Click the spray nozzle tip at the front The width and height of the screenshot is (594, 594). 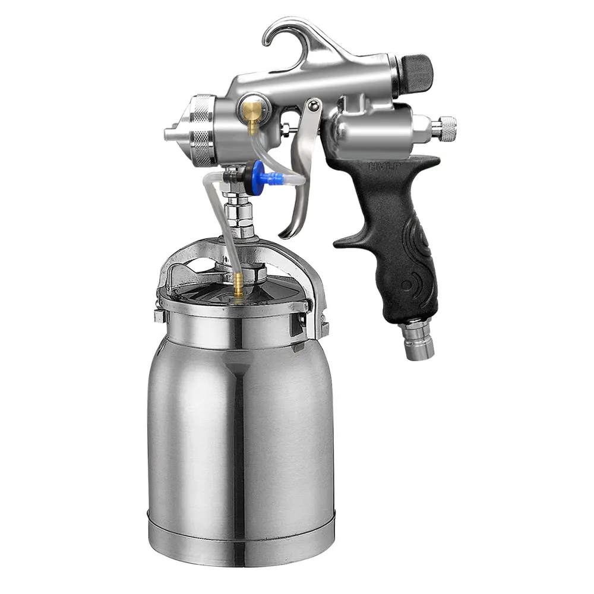[x=171, y=134]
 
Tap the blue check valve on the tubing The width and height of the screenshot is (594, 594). [x=259, y=173]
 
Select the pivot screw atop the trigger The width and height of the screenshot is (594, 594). [x=314, y=107]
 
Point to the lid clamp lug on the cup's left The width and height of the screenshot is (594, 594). [x=159, y=315]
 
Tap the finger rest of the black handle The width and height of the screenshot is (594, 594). [x=350, y=241]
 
